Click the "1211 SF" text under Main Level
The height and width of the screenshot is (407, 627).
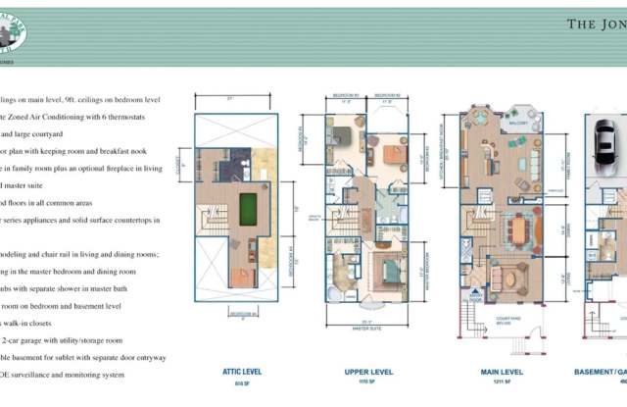(497, 383)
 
